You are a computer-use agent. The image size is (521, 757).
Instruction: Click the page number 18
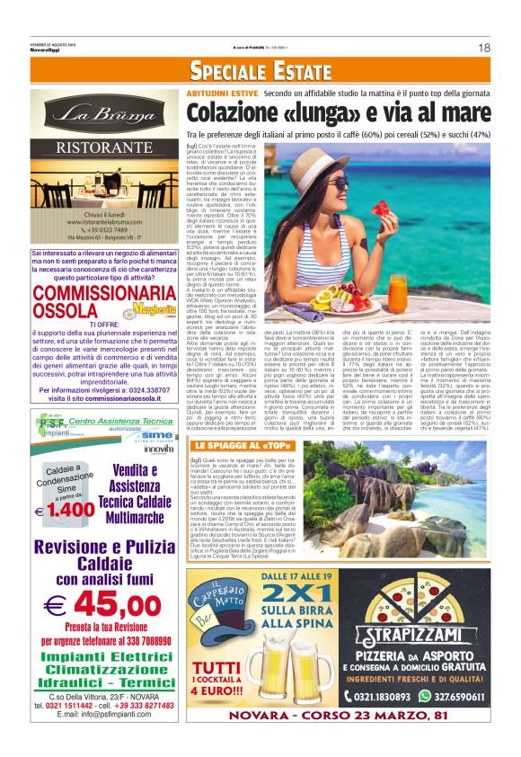[483, 48]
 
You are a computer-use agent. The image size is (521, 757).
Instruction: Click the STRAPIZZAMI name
[419, 643]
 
